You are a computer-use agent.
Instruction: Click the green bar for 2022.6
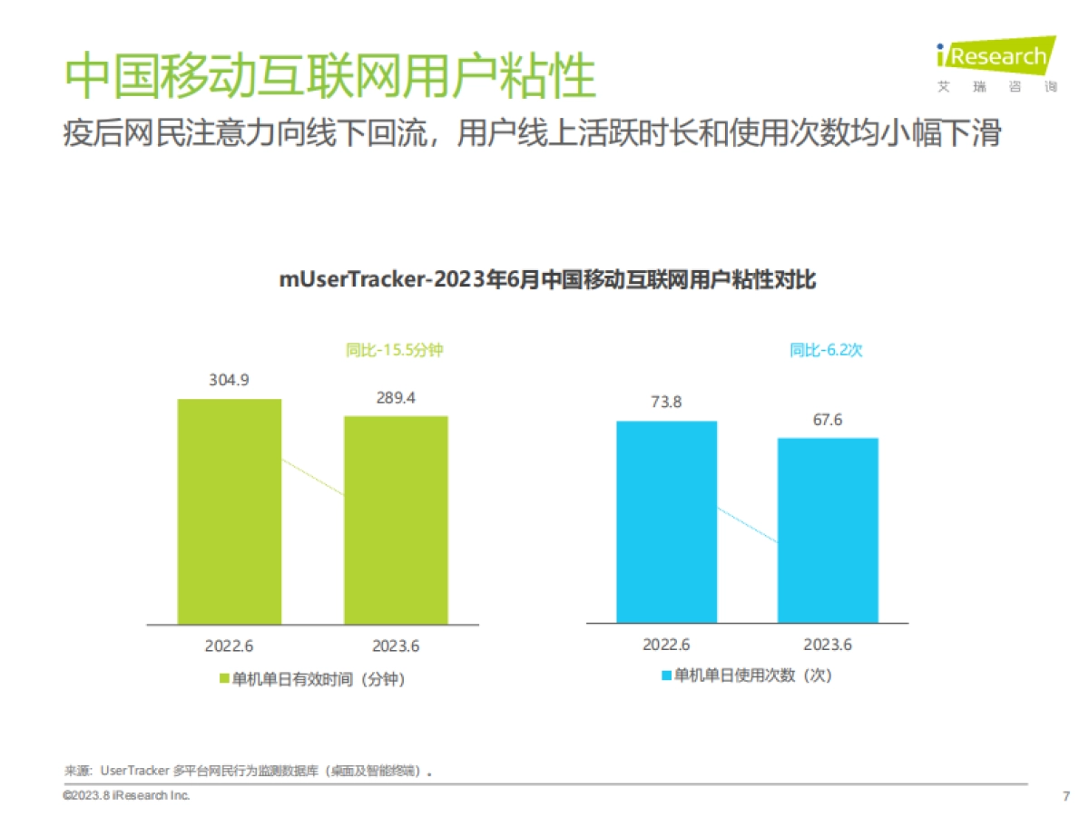coord(229,511)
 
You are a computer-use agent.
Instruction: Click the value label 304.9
coord(229,380)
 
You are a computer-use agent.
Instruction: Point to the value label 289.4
coord(396,397)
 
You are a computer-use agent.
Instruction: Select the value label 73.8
coord(666,402)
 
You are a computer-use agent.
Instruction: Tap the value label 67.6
coord(828,419)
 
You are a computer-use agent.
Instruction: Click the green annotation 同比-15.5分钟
coord(394,350)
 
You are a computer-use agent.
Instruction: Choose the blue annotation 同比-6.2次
coord(826,350)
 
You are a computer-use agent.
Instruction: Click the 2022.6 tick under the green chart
coord(229,646)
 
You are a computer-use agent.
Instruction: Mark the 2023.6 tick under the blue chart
coord(828,645)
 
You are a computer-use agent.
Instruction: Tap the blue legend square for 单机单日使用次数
coord(665,675)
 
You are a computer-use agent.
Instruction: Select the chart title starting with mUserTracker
coord(547,280)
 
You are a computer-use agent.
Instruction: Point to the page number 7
coord(1065,796)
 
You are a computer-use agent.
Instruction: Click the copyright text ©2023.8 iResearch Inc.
coord(126,795)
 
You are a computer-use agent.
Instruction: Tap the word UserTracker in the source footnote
coord(135,772)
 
